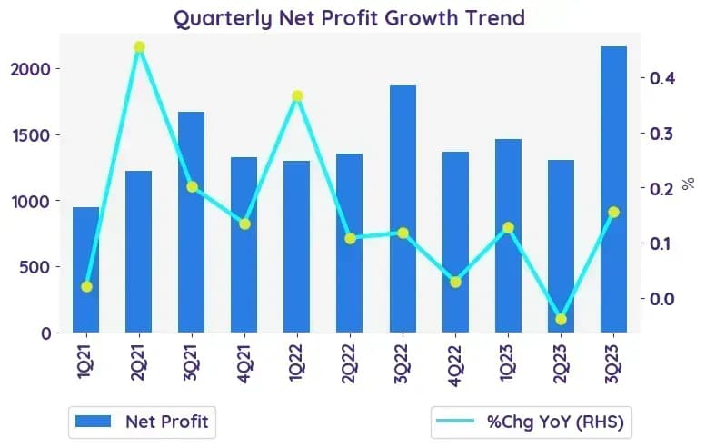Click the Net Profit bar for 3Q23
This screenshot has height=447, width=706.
click(x=613, y=189)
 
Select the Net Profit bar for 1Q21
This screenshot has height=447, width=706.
click(x=86, y=270)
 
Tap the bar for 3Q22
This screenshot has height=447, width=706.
click(x=403, y=209)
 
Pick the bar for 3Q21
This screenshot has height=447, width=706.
click(x=192, y=222)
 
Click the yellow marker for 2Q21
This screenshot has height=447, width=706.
click(x=139, y=47)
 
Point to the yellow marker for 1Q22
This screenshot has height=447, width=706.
click(x=297, y=96)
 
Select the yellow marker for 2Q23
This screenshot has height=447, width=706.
click(x=561, y=320)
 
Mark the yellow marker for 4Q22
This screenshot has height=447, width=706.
click(x=455, y=283)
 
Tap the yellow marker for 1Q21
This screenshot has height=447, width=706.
click(x=87, y=287)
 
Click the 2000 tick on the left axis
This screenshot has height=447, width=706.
click(x=30, y=69)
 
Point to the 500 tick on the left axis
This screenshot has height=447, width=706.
click(x=35, y=267)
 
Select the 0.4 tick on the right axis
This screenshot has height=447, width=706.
click(x=662, y=78)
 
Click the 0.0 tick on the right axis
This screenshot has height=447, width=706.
click(x=662, y=298)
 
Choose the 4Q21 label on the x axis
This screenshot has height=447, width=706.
click(x=244, y=363)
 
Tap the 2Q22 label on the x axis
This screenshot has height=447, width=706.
click(x=350, y=363)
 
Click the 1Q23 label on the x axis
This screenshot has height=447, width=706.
click(x=508, y=363)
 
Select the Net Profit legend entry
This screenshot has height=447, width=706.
click(x=143, y=422)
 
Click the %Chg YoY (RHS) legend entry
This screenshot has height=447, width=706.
click(x=531, y=422)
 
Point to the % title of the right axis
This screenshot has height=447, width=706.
click(x=688, y=184)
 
